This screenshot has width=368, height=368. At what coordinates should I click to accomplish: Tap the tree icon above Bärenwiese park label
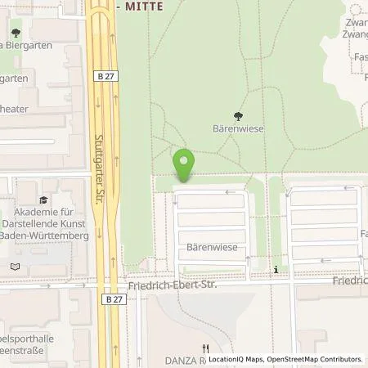click(x=238, y=116)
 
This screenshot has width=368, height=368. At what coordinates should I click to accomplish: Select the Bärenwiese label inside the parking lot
click(x=212, y=246)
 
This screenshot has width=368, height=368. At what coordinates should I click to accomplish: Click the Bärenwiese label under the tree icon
click(x=238, y=129)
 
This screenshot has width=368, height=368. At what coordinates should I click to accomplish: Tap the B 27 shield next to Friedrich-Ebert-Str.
click(x=114, y=300)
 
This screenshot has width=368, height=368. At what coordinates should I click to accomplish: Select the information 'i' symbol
click(x=276, y=269)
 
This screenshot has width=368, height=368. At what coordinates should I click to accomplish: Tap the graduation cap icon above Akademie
click(x=43, y=199)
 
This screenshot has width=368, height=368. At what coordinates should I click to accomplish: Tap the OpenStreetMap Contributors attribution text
click(x=314, y=359)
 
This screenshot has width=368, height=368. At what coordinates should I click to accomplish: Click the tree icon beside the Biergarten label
click(x=15, y=34)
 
